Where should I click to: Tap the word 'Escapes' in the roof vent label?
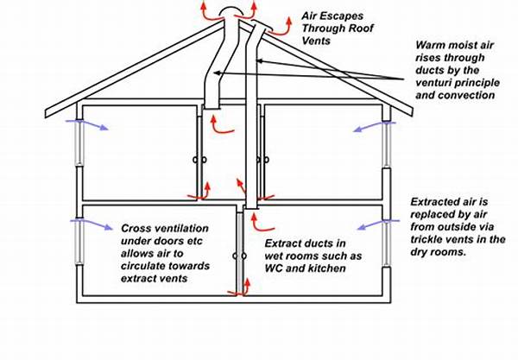(344, 16)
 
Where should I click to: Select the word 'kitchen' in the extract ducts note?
(326, 268)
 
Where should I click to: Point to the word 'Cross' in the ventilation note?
(134, 228)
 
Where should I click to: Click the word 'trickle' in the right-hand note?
(426, 239)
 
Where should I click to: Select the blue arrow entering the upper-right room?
(374, 126)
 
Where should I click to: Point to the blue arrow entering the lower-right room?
(379, 224)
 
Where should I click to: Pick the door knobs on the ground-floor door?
(239, 256)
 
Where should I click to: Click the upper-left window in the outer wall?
(79, 142)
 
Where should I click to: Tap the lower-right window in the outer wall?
(387, 243)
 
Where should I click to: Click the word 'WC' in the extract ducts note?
(274, 268)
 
